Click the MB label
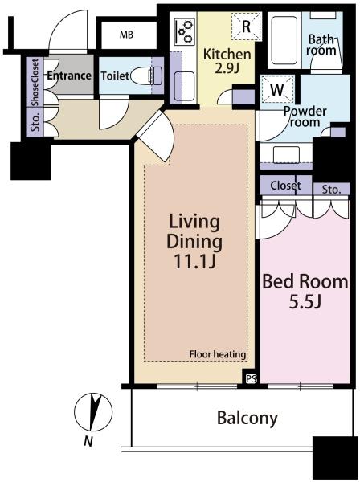126,35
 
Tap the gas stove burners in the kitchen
185,31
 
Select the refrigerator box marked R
246,27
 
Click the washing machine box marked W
277,89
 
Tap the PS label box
252,379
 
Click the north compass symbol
93,412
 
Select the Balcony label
247,419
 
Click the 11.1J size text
194,262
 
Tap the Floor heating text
218,354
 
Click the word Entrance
69,76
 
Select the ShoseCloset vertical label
35,82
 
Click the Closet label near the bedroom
285,186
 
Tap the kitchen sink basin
184,87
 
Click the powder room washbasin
287,154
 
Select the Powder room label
305,116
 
